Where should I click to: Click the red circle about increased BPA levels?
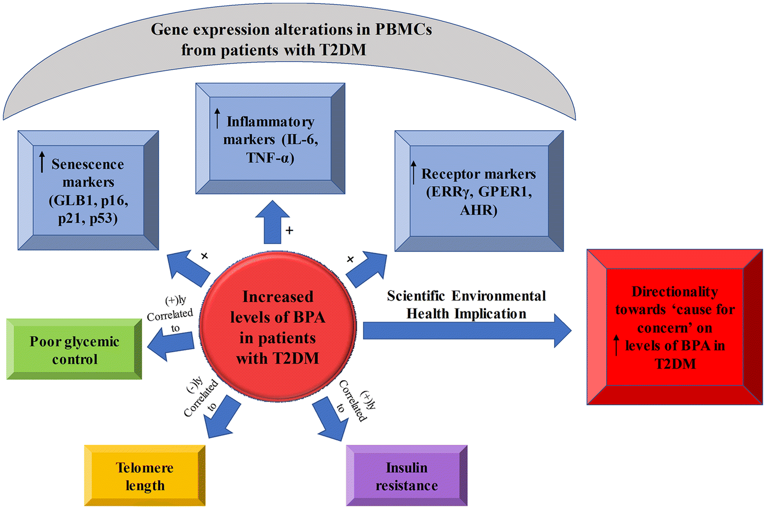277,327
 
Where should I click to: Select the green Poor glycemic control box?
74,350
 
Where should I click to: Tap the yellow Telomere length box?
145,476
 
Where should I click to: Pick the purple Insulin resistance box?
406,476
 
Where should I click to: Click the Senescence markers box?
88,190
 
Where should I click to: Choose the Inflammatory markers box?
270,139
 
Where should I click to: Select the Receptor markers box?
478,191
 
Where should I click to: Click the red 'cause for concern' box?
675,327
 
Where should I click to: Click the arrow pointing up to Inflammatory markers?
273,222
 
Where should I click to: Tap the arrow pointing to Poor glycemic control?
171,346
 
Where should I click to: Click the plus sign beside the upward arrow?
290,231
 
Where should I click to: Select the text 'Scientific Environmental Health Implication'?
466,305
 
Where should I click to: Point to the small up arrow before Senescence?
42,162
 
